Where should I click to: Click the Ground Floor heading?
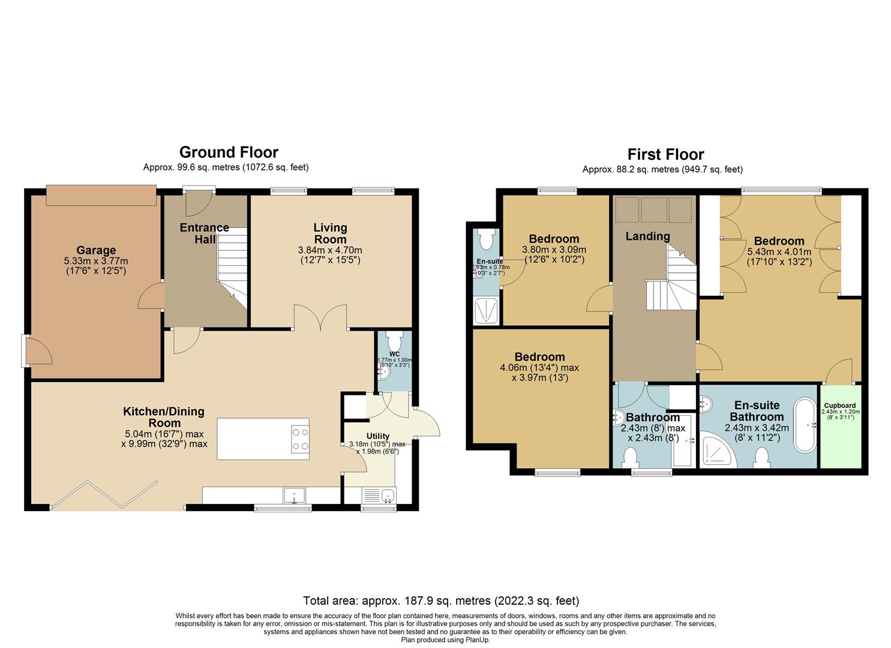point(229,152)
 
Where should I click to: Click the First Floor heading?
point(665,154)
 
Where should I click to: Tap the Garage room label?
point(96,250)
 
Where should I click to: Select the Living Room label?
point(330,233)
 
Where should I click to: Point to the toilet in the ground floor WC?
point(394,341)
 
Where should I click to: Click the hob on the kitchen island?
point(300,439)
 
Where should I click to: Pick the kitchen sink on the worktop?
point(295,496)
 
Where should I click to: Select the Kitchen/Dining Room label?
point(164,417)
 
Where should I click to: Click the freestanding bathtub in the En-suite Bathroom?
point(805,426)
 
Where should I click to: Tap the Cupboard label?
point(840,406)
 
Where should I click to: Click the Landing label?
point(647,236)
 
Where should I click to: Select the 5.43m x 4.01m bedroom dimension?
point(779,252)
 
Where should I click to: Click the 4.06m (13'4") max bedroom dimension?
point(540,368)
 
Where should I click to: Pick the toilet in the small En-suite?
point(485,239)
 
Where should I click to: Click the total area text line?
point(441,601)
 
